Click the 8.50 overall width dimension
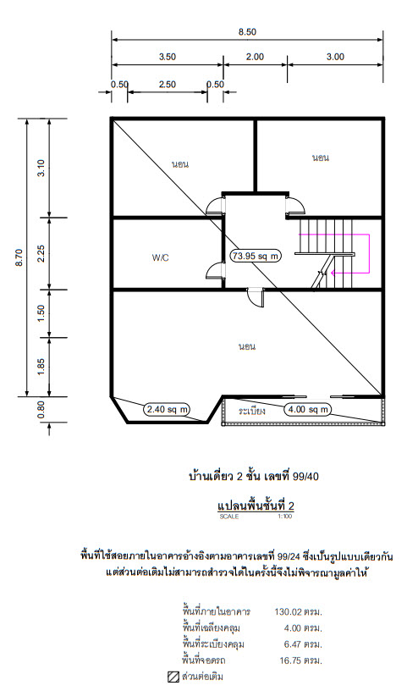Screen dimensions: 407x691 (247, 32)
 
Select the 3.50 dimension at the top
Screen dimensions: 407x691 (168, 57)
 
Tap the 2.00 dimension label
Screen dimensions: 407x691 (255, 57)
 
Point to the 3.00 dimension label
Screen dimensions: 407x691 (335, 57)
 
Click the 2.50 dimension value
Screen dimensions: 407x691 (168, 85)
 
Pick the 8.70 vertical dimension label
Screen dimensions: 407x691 (19, 257)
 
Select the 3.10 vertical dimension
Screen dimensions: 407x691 (41, 168)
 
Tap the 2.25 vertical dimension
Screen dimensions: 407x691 (41, 253)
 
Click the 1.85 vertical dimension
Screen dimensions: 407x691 (41, 368)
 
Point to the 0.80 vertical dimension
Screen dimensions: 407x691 (41, 409)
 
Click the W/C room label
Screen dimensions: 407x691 (160, 257)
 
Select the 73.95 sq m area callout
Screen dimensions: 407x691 (256, 256)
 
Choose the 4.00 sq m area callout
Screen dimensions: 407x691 (308, 409)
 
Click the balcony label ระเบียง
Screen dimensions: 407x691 (252, 412)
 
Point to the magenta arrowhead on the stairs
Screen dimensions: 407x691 (333, 273)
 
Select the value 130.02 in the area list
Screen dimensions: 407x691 (288, 611)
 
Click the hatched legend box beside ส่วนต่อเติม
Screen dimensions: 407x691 (173, 677)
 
